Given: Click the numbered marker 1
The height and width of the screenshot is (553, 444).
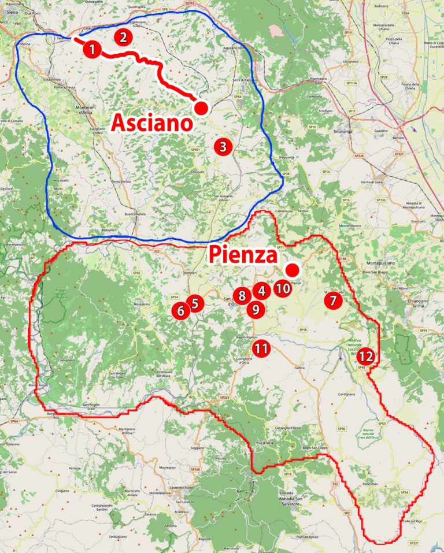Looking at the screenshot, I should tap(91, 49).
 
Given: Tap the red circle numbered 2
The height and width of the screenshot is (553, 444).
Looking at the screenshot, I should tap(123, 38).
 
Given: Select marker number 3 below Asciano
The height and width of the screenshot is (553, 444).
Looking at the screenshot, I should tap(222, 147).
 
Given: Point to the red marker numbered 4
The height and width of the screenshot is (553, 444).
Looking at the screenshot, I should tap(261, 291).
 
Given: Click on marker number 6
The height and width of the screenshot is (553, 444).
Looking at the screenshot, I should tap(180, 311).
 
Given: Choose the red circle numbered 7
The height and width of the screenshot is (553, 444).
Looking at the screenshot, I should tap(332, 300).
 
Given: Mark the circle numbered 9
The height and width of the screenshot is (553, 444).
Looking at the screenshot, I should tap(255, 309).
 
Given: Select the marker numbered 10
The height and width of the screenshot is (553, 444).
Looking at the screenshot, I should tap(282, 288).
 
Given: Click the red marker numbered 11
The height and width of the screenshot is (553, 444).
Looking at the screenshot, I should tap(261, 348).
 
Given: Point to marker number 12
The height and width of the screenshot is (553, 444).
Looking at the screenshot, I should tap(366, 357).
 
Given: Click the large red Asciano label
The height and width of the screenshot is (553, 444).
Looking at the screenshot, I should tap(151, 123).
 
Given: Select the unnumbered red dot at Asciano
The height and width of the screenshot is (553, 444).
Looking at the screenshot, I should tap(201, 108).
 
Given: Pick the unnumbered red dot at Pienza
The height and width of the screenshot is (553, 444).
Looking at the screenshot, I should tap(293, 270).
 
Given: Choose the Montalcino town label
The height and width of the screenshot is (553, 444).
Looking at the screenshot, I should tap(146, 304).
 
